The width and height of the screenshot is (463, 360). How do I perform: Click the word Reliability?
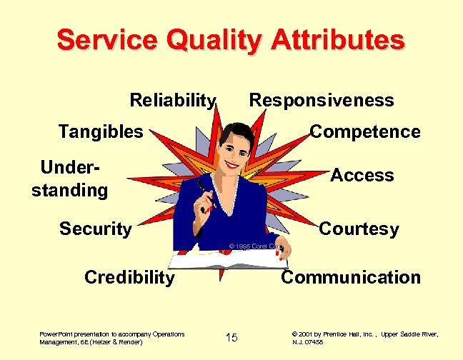[x=172, y=100]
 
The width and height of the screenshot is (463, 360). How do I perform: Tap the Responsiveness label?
[x=321, y=100]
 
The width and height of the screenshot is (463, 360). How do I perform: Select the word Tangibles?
[x=101, y=131]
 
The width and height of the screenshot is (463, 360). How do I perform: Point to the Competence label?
[x=364, y=132]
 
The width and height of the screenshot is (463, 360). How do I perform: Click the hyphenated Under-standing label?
[x=70, y=179]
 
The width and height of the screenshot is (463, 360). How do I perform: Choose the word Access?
[x=362, y=176]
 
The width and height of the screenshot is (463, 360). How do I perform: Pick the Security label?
[x=96, y=229]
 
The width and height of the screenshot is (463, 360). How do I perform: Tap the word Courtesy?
[x=359, y=229]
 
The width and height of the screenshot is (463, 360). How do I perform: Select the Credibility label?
[x=129, y=277]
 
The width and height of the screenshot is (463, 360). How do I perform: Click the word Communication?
[x=351, y=277]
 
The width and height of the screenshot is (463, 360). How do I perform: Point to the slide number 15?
[x=231, y=337]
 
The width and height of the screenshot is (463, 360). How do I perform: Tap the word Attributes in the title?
[x=337, y=40]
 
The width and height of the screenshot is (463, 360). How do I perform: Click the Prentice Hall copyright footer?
[x=364, y=338]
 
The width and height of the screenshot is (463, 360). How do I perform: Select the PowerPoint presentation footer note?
[x=112, y=338]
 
